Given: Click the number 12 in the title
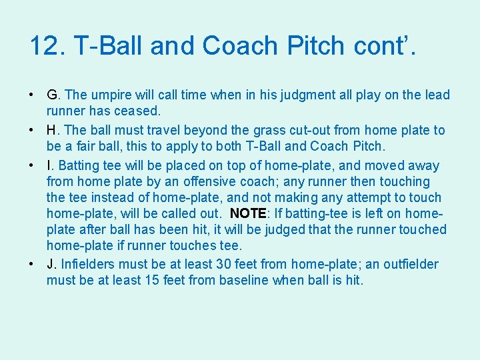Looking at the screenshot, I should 45,46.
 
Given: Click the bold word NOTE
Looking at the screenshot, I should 248,213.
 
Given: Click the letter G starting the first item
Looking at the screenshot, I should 52,95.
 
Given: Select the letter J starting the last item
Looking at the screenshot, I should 51,264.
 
